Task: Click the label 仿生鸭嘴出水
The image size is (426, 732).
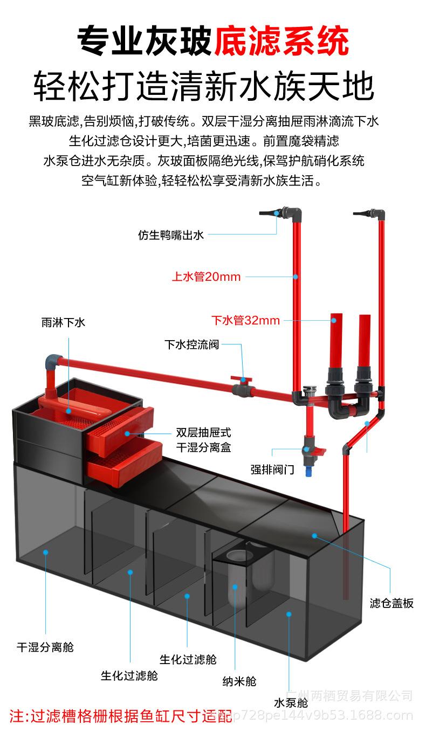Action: click(x=170, y=235)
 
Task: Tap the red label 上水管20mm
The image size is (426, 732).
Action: click(x=207, y=277)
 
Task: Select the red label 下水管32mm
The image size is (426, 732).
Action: click(x=245, y=320)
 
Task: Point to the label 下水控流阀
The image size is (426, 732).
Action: click(x=191, y=344)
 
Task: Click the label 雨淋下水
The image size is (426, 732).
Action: click(x=63, y=323)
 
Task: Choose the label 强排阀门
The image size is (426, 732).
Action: click(x=272, y=469)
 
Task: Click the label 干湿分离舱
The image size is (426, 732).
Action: click(x=45, y=647)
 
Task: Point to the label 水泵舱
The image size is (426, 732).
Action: click(x=291, y=702)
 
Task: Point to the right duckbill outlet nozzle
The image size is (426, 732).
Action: click(x=362, y=213)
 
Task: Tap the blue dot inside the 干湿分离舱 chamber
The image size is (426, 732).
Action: click(x=46, y=552)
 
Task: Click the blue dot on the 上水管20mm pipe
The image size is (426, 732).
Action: click(x=295, y=277)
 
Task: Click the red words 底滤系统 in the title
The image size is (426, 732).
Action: click(x=281, y=42)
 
